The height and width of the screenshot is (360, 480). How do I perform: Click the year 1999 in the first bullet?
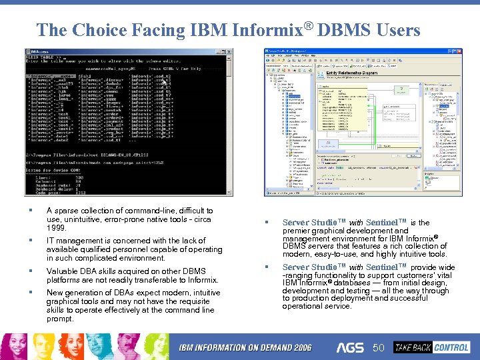pos(57,228)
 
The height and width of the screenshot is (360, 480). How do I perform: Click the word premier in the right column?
pos(297,231)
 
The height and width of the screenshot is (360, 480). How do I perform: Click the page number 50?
pos(379,348)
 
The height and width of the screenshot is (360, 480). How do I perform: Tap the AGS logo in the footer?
pos(351,347)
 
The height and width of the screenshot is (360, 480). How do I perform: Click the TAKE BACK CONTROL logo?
pos(431,347)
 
